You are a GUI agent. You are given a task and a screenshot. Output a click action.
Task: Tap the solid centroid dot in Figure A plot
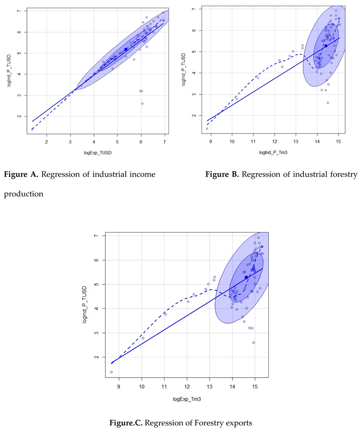click(x=126, y=49)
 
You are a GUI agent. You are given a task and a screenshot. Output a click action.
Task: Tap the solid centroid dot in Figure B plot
click(x=325, y=46)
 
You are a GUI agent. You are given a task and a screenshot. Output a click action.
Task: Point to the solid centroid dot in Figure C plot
click(x=246, y=277)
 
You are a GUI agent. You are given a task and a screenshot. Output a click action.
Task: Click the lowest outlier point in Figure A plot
click(x=142, y=103)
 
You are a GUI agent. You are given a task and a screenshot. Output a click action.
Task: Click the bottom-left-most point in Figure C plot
click(x=111, y=372)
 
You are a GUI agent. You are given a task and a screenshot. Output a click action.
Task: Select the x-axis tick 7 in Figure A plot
click(x=165, y=142)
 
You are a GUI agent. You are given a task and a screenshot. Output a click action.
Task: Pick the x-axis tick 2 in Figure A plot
click(x=46, y=142)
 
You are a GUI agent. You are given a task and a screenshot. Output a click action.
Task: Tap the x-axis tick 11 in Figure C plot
click(x=165, y=385)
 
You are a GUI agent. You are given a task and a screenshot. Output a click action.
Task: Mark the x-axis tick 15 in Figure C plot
click(x=255, y=385)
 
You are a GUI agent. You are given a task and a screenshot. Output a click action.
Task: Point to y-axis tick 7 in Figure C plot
click(x=96, y=236)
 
